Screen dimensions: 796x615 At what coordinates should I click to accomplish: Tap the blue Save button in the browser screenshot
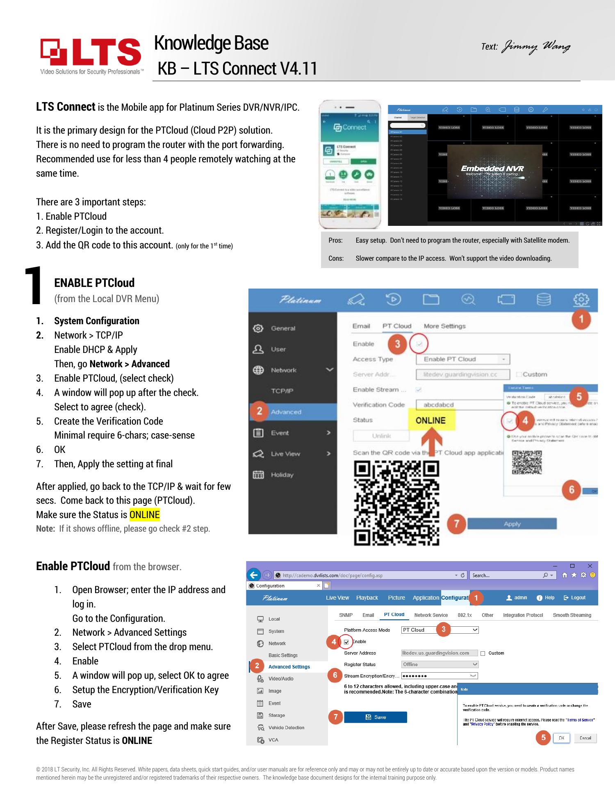(x=375, y=717)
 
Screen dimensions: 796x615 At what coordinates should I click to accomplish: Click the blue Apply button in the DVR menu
(x=512, y=524)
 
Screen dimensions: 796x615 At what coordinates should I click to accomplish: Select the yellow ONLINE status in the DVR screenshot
(x=430, y=421)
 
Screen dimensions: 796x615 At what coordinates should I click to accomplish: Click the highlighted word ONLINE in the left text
(x=144, y=514)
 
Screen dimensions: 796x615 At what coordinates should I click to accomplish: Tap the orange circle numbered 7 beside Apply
(x=456, y=523)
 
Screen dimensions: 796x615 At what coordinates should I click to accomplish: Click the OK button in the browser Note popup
(x=561, y=738)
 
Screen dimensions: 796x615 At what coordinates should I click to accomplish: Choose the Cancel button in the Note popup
(x=585, y=738)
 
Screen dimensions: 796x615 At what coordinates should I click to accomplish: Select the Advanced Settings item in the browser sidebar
(x=289, y=667)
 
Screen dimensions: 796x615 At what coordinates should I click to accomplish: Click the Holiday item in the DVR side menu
(x=282, y=475)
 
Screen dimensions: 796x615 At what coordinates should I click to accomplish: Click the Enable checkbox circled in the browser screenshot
(x=346, y=642)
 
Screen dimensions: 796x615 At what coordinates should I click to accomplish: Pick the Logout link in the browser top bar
(x=575, y=598)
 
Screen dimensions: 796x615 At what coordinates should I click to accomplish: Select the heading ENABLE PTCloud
(x=94, y=283)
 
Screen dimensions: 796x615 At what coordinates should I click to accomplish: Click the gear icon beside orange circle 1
(x=581, y=300)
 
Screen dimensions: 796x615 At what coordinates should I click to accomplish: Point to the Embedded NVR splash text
(x=492, y=169)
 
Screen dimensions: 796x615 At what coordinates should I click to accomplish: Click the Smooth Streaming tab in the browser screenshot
(x=572, y=615)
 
